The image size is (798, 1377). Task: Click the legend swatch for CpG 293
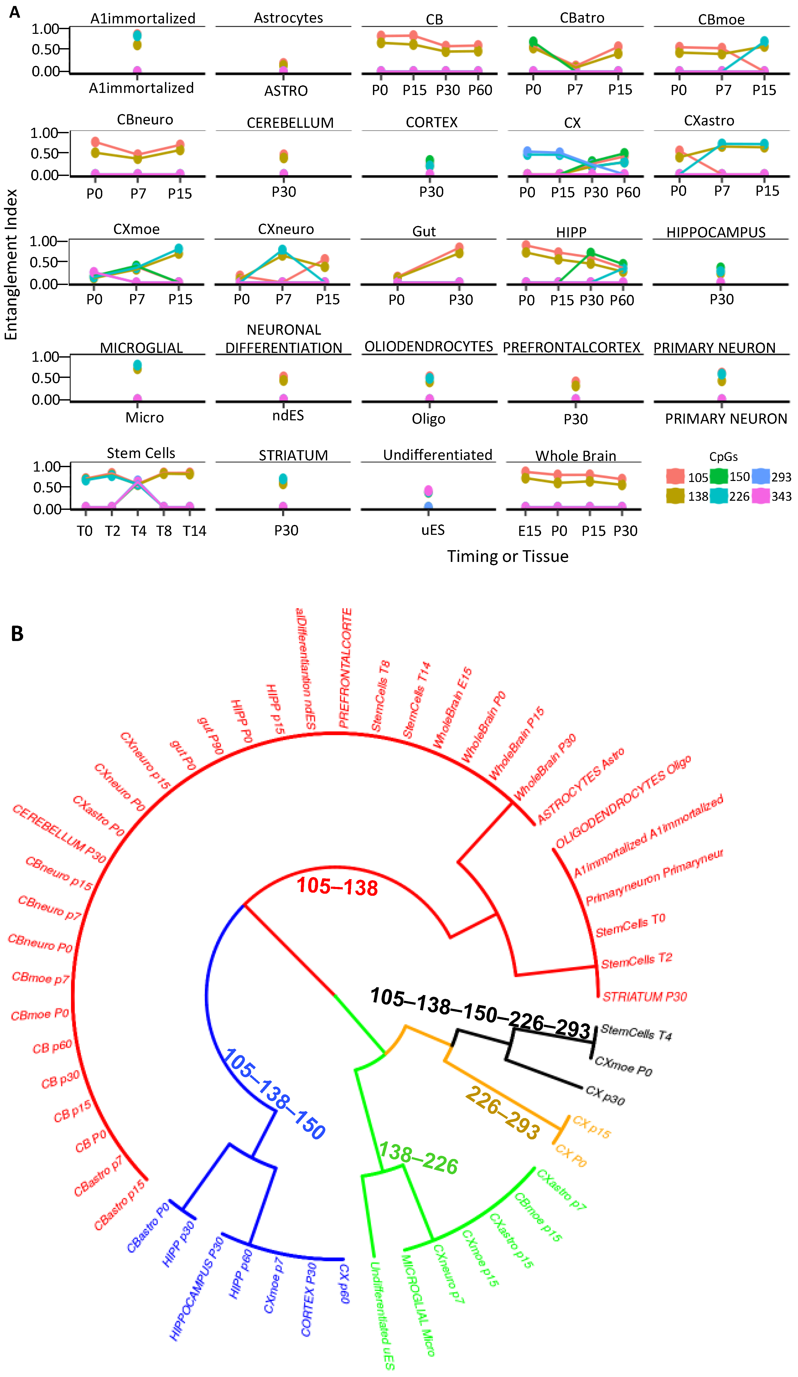tap(761, 477)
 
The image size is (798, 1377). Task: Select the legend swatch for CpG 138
tap(676, 496)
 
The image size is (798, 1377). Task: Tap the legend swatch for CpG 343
tap(761, 496)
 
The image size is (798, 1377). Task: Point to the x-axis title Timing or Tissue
tap(508, 556)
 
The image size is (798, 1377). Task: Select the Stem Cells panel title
tap(141, 453)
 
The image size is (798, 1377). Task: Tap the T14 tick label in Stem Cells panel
tap(194, 531)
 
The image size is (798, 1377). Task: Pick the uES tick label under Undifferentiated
tap(433, 530)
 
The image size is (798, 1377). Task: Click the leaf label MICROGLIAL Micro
tap(418, 1303)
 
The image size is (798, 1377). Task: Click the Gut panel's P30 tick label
tap(461, 300)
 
